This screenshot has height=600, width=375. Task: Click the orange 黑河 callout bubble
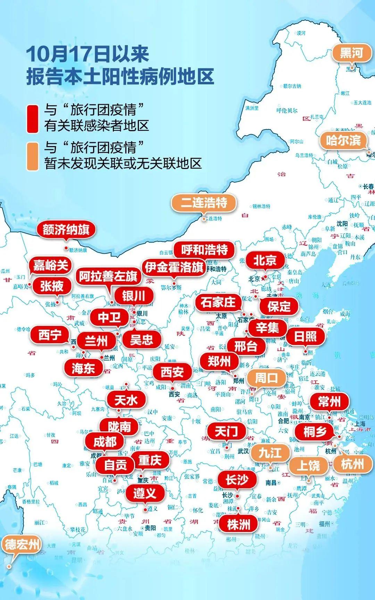[351, 53]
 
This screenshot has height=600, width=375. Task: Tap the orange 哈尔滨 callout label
[343, 141]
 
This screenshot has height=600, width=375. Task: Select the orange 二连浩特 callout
[204, 203]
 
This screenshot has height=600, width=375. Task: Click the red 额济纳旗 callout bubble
[66, 230]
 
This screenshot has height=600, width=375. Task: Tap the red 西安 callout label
[172, 372]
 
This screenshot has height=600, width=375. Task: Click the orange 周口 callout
[267, 378]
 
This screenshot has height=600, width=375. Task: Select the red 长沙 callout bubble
[237, 480]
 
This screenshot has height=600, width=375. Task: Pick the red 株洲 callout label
[238, 524]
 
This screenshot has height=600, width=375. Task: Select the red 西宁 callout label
[50, 335]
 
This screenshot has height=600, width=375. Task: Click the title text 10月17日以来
[87, 54]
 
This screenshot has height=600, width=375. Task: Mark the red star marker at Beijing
[264, 278]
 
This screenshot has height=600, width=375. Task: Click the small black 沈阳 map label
[342, 224]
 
